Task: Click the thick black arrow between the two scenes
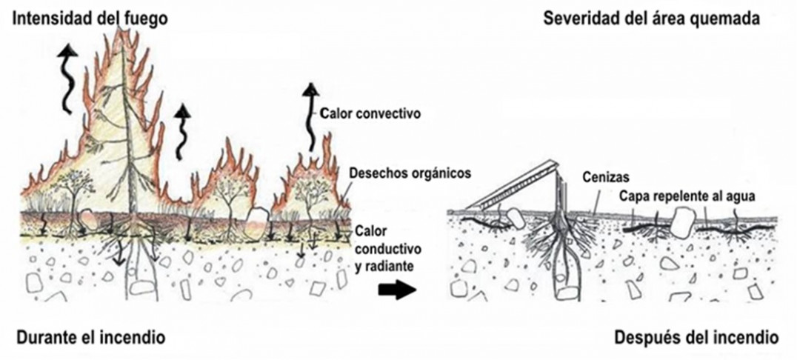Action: pyautogui.click(x=396, y=291)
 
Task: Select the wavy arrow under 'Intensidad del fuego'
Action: pyautogui.click(x=69, y=77)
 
